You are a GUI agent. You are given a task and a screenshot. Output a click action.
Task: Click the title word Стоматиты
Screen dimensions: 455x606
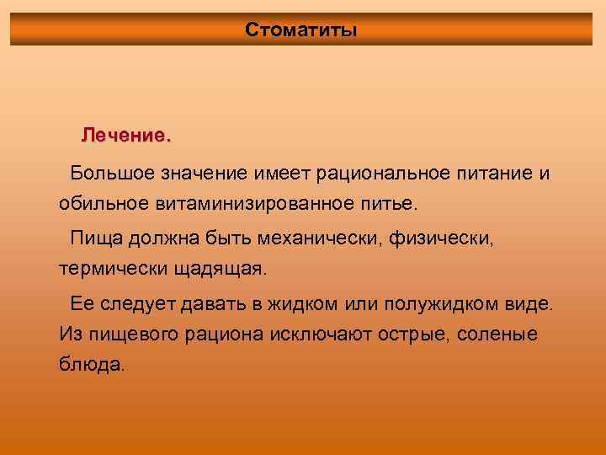(x=301, y=30)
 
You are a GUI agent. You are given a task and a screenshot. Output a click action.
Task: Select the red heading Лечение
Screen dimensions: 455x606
(x=125, y=135)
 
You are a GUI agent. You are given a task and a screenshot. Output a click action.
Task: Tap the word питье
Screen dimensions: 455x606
(x=390, y=204)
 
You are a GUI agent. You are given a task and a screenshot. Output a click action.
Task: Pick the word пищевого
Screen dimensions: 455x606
(x=140, y=334)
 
